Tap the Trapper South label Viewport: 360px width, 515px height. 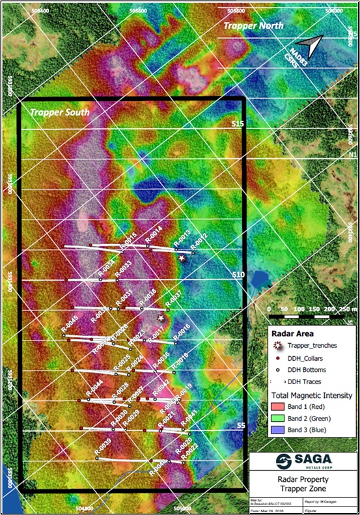coord(59,112)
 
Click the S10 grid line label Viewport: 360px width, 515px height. coord(238,275)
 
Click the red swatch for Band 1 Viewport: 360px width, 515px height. coord(281,408)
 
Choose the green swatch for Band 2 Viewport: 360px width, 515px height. coord(281,419)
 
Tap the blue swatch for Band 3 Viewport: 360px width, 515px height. coord(281,430)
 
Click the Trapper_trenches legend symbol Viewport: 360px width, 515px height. coord(279,344)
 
